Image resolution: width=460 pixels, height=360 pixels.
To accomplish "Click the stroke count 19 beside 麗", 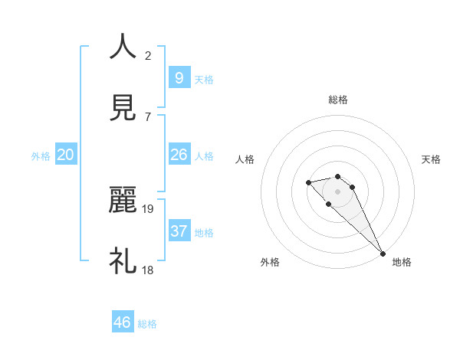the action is [149, 208].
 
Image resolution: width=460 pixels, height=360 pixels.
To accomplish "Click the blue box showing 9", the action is [179, 77].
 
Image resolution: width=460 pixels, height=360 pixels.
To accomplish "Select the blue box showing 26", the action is [179, 155].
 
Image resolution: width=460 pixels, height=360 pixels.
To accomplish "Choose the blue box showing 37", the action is [179, 231].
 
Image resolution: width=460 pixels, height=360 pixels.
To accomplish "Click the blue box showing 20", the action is [65, 155].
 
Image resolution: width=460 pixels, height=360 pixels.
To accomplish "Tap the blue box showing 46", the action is [122, 322].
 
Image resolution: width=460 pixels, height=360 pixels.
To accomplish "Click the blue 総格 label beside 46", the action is [147, 324].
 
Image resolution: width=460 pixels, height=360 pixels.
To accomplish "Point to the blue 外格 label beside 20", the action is [41, 156].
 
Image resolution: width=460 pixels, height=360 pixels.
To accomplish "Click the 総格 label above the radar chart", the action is [338, 100].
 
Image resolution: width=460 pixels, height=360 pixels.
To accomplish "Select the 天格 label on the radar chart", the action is [431, 159].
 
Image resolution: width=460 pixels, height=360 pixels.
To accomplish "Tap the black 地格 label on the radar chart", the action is [402, 262].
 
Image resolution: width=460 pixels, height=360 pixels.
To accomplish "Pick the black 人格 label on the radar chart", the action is [245, 159].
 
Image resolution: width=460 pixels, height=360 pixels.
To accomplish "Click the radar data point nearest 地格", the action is [383, 254].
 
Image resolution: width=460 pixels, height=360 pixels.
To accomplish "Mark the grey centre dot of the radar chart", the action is [337, 191].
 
